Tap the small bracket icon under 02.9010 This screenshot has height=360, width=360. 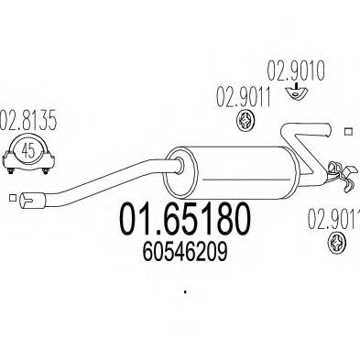(x=293, y=90)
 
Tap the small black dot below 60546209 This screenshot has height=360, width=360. (x=185, y=293)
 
